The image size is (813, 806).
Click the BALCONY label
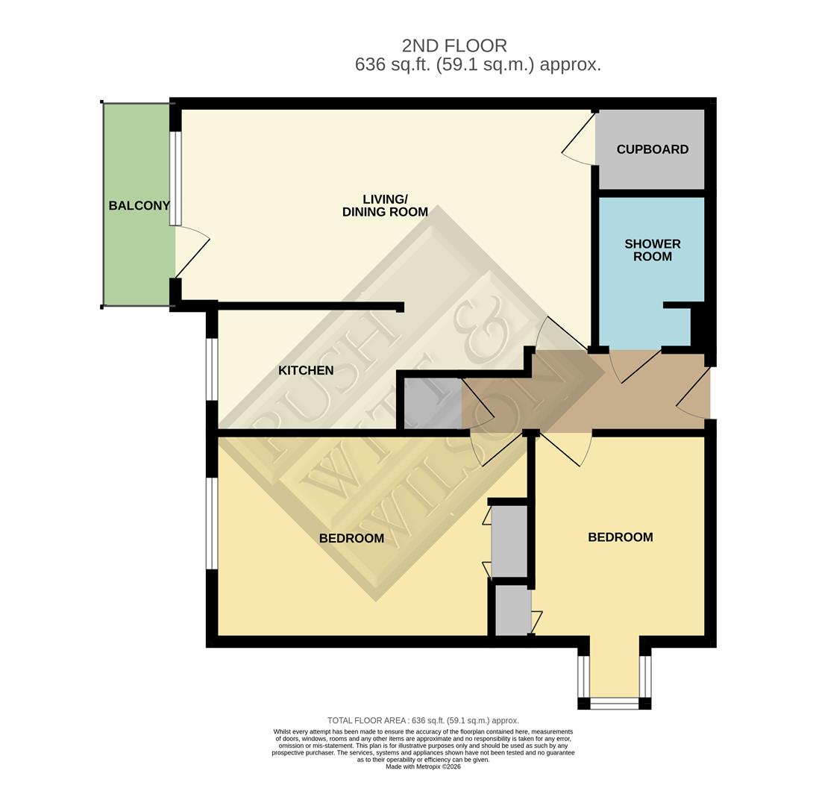pos(139,206)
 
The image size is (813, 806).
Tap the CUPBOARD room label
pos(652,149)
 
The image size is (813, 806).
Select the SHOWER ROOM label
pos(652,250)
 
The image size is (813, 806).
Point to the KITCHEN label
pos(306,371)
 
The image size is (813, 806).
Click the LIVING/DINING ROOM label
pos(385,205)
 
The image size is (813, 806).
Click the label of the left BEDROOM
pos(351,539)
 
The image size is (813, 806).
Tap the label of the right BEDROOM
pos(620,537)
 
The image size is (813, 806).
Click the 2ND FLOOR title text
pos(454,46)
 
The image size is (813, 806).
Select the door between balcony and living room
pos(191,252)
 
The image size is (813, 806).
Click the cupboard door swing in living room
pos(579,139)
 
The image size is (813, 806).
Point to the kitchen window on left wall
pos(212,369)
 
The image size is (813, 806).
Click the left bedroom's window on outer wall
pos(212,523)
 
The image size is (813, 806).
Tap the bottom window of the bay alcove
pos(615,703)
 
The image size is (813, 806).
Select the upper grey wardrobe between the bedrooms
pos(509,541)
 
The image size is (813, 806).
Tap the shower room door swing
pos(634,366)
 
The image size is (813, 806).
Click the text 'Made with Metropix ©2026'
pos(423,766)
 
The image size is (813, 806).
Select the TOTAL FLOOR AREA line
pos(423,720)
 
